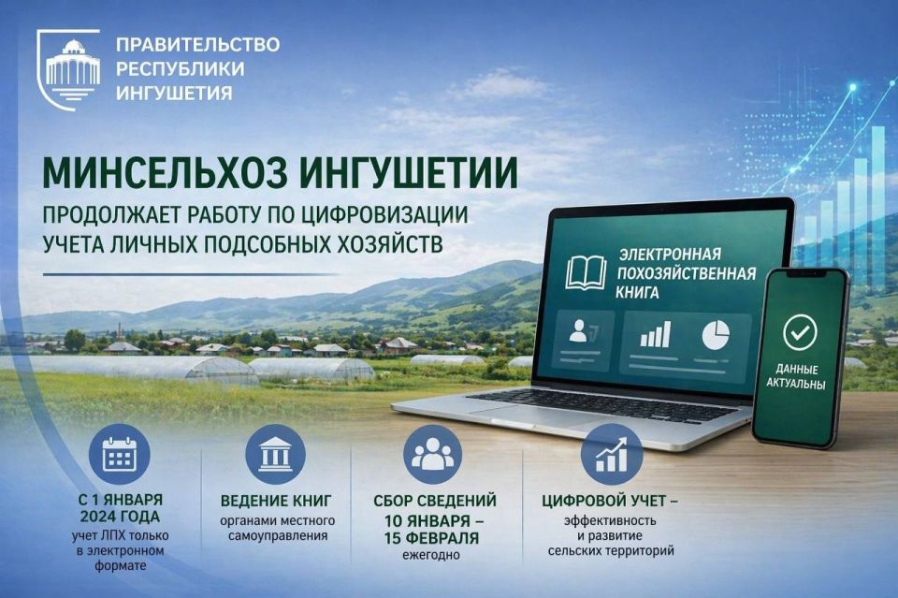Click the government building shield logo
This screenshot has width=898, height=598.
pyautogui.click(x=68, y=68)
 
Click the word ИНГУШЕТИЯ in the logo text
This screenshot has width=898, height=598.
pyautogui.click(x=175, y=93)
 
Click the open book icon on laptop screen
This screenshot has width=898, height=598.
pyautogui.click(x=586, y=272)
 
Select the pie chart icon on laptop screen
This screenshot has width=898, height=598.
pyautogui.click(x=716, y=335)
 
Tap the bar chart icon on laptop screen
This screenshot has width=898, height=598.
pyautogui.click(x=655, y=334)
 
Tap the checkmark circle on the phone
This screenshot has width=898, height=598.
pyautogui.click(x=800, y=331)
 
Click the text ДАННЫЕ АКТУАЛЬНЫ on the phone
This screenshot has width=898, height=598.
pyautogui.click(x=796, y=376)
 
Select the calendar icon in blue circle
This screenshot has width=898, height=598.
pyautogui.click(x=120, y=456)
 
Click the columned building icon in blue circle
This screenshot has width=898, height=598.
pyautogui.click(x=275, y=455)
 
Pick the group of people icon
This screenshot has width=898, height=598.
pyautogui.click(x=432, y=455)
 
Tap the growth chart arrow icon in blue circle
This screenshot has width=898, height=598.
pyautogui.click(x=612, y=455)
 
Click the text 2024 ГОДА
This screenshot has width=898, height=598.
pyautogui.click(x=120, y=517)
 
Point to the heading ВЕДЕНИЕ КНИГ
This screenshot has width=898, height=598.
pyautogui.click(x=276, y=501)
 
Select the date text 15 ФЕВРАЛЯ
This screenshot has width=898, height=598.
pyautogui.click(x=431, y=538)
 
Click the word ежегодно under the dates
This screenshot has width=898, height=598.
pyautogui.click(x=431, y=555)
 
